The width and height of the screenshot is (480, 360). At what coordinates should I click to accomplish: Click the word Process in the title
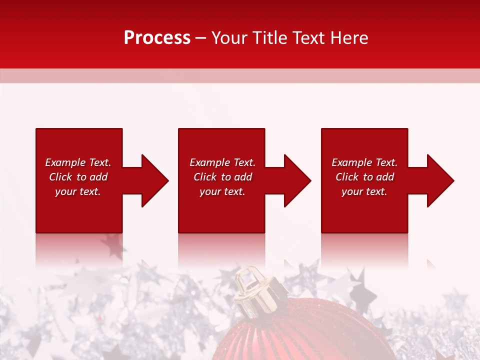pos(157,38)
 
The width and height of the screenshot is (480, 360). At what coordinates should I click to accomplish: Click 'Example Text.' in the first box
pos(78,162)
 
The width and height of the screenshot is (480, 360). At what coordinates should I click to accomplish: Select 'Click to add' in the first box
pos(78,177)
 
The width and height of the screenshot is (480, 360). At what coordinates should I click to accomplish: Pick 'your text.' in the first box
pos(78,191)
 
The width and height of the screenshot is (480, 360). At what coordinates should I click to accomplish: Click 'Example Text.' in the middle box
pos(222,162)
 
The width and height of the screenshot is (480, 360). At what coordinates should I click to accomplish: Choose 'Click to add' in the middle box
pos(222,177)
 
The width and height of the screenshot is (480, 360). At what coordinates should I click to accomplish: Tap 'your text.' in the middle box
pos(222,191)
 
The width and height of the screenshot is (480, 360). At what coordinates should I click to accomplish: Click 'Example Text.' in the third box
pos(364,162)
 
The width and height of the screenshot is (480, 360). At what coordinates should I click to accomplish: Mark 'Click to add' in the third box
pos(364,177)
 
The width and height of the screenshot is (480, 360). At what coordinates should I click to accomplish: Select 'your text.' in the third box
pos(364,191)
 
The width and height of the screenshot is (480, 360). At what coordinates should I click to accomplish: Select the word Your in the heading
pos(229,38)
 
